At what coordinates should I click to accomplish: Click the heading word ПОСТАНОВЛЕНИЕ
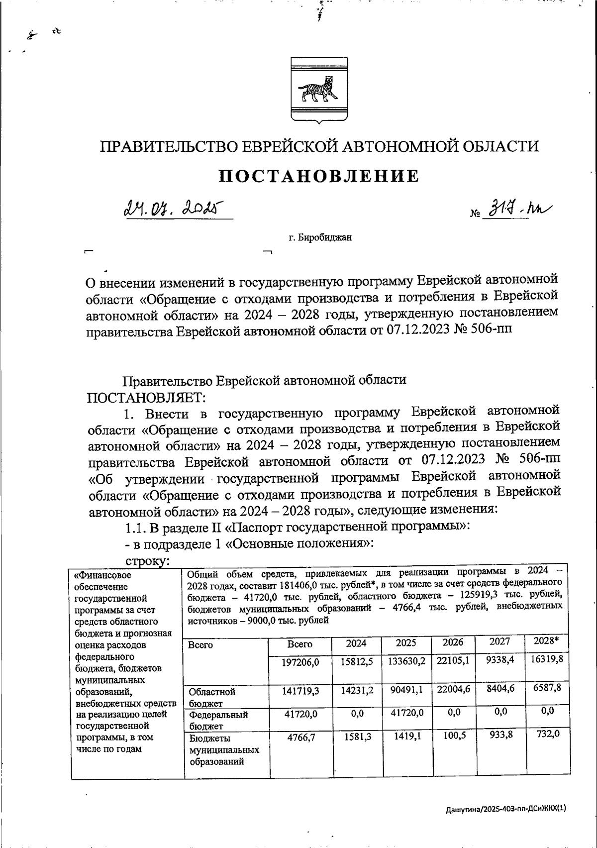[x=319, y=176]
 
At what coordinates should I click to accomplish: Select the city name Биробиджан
[x=320, y=237]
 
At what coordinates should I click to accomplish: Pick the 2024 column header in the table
[x=356, y=643]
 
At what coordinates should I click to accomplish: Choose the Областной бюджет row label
[x=211, y=697]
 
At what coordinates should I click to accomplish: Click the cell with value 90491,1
[x=406, y=691]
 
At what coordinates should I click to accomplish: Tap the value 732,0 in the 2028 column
[x=546, y=734]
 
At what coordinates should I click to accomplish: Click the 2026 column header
[x=453, y=642]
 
